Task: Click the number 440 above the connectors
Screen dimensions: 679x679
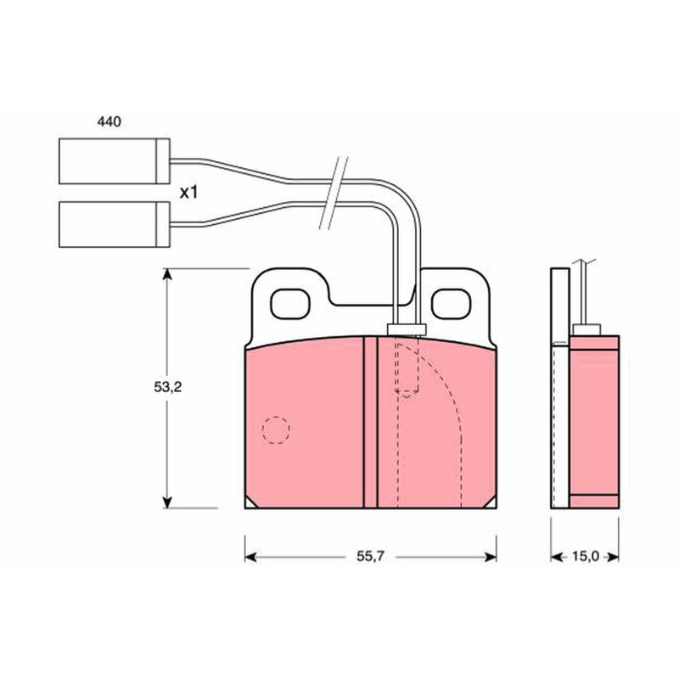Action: click(x=109, y=122)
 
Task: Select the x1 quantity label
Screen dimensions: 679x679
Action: click(x=188, y=193)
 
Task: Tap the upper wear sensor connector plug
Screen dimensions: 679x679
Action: click(x=115, y=161)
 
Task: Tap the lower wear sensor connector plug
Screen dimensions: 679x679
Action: click(x=115, y=224)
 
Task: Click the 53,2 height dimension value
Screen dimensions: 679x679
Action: click(x=168, y=387)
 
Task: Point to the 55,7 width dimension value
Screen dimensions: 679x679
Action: click(x=370, y=556)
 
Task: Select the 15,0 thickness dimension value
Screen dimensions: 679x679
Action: click(x=585, y=556)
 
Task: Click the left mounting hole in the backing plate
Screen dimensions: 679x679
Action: click(x=290, y=304)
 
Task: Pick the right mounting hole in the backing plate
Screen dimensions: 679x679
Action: click(x=451, y=304)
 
